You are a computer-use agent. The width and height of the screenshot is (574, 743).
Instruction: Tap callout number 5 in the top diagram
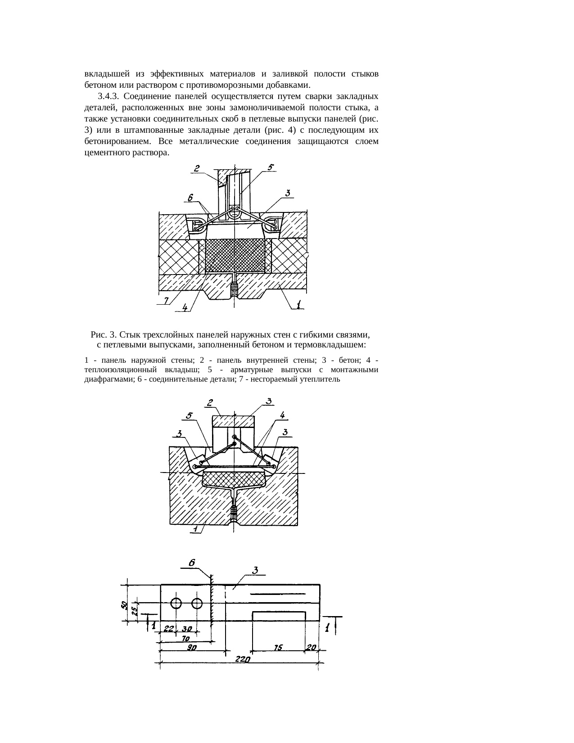click(x=270, y=167)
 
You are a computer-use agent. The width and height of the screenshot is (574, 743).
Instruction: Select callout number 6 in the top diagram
click(x=190, y=198)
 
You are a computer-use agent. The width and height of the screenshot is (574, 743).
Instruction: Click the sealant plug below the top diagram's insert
click(x=234, y=289)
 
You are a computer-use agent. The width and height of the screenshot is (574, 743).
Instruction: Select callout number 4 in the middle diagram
click(x=282, y=414)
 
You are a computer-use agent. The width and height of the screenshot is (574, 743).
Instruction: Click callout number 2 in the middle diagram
click(x=210, y=403)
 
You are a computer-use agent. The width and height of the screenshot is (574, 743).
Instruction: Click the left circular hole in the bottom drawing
click(x=176, y=603)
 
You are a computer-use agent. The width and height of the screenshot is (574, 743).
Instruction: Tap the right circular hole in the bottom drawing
click(x=197, y=603)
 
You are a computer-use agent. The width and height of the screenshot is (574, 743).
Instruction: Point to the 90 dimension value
click(x=192, y=647)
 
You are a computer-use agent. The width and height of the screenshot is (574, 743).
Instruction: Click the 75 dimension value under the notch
click(x=278, y=647)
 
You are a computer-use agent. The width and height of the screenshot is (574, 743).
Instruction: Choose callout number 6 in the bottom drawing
click(x=192, y=563)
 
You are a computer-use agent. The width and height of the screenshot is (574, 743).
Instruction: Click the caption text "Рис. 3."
click(x=104, y=335)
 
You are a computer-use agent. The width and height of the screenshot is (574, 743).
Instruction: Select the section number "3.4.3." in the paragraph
click(x=108, y=96)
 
